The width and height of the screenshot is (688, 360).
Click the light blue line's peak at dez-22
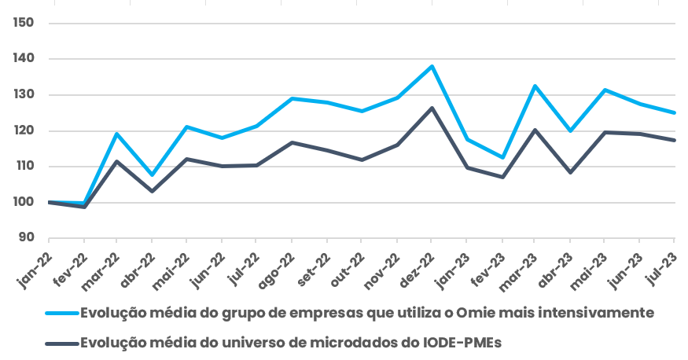431,67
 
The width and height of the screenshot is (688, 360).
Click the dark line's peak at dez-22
431,108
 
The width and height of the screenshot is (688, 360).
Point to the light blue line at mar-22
117,134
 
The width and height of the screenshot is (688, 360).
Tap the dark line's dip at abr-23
570,172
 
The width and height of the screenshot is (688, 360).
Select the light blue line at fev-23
501,157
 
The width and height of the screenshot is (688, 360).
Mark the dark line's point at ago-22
292,142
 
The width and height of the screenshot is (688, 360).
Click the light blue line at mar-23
535,86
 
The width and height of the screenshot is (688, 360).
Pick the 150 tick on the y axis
23,22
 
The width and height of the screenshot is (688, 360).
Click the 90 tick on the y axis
26,237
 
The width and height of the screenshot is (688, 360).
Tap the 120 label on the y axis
23,130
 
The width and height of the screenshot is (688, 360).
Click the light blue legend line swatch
62,313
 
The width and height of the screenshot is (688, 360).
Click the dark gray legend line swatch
62,342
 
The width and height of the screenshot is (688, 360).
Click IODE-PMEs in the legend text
467,342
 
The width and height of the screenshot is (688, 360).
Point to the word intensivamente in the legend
598,313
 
